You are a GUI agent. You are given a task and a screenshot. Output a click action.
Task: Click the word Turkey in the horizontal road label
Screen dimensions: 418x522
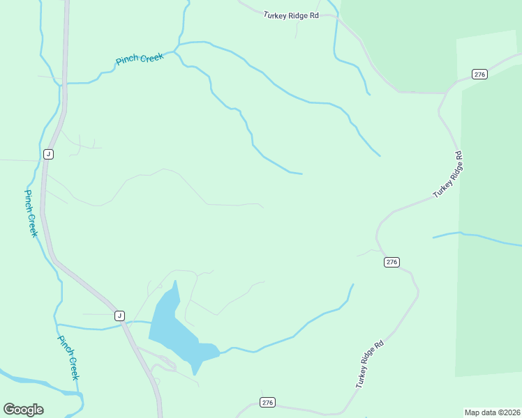274,15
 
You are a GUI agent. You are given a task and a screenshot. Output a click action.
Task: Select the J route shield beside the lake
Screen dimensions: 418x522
119,316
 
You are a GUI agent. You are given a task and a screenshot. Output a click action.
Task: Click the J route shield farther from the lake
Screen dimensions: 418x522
47,154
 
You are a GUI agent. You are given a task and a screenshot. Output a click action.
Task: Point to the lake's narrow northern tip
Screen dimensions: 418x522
176,283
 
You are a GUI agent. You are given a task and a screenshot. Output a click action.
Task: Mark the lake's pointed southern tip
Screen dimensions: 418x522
195,373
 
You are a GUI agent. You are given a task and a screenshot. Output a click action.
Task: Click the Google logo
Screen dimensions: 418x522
23,410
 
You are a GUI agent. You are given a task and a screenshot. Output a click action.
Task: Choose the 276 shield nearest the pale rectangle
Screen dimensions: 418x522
479,75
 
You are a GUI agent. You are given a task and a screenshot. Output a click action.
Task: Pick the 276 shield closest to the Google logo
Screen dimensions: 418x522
267,403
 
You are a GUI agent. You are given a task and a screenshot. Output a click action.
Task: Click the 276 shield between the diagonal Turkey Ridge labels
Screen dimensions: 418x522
391,262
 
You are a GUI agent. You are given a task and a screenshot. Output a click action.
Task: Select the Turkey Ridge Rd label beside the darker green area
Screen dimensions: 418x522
448,174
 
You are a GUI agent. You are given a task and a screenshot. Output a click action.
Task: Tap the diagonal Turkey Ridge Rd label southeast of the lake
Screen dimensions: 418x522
370,364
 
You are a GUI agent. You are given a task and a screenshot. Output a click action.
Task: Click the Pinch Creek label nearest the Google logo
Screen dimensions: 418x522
68,358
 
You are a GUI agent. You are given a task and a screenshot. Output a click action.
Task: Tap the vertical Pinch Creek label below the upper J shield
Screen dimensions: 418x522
31,213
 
